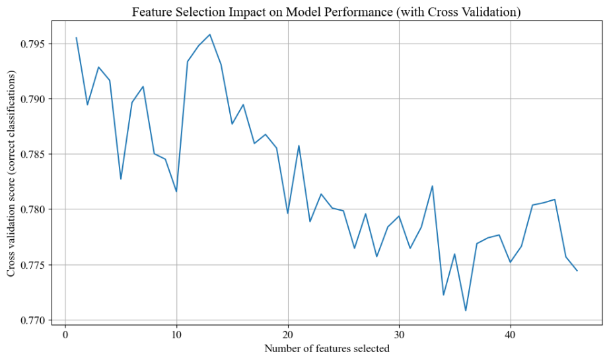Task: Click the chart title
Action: click(326, 12)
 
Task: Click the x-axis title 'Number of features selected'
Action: click(327, 348)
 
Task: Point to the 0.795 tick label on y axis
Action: click(33, 44)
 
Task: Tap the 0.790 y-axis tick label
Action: click(33, 99)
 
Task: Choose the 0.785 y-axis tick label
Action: click(33, 155)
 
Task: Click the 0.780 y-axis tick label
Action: click(33, 209)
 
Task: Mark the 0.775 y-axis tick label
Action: click(33, 265)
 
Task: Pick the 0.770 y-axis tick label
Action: click(33, 320)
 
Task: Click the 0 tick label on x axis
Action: click(65, 334)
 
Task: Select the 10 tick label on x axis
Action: click(176, 334)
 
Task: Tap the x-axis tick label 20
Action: click(288, 334)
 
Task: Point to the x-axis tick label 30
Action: click(399, 334)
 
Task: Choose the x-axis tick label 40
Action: click(511, 334)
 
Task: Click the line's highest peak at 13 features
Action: click(210, 34)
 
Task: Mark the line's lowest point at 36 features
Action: click(466, 310)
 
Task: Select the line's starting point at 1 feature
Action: click(76, 38)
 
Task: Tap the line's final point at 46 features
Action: click(577, 271)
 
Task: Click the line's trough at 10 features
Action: click(176, 192)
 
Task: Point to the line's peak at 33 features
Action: click(433, 186)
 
